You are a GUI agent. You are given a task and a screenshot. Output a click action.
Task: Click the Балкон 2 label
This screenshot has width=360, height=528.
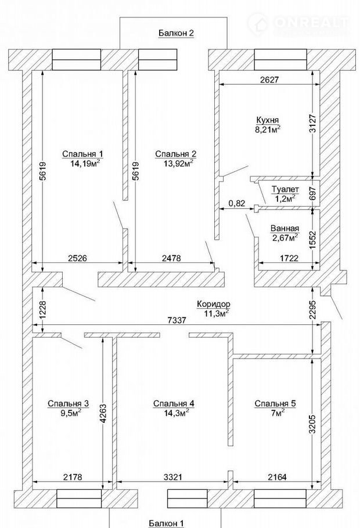(177, 33)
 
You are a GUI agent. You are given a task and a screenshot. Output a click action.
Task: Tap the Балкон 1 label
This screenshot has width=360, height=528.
(167, 523)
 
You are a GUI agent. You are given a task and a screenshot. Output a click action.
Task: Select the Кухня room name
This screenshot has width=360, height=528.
(267, 120)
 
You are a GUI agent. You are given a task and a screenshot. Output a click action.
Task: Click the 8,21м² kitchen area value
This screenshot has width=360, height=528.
(268, 129)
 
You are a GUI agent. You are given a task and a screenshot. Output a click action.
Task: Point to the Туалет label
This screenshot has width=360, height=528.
(285, 189)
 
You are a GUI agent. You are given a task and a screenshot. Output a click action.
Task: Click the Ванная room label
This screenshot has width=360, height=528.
(285, 229)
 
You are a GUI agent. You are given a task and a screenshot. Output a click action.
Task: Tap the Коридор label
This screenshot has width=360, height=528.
(214, 304)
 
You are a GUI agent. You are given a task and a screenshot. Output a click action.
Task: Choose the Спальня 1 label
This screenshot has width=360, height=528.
(82, 154)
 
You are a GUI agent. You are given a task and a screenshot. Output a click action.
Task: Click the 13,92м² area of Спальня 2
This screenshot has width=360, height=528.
(177, 163)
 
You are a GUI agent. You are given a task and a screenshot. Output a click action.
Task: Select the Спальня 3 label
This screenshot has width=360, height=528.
(68, 403)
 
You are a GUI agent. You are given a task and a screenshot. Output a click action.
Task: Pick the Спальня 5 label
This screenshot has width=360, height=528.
(275, 403)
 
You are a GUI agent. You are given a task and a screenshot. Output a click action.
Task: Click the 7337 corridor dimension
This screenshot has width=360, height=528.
(177, 320)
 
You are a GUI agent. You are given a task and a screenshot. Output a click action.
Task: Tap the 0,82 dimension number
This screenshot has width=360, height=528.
(237, 204)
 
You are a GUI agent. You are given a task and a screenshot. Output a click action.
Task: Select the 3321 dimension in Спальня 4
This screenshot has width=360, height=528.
(173, 477)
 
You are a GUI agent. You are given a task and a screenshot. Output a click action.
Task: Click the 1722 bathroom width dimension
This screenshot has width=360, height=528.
(289, 258)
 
